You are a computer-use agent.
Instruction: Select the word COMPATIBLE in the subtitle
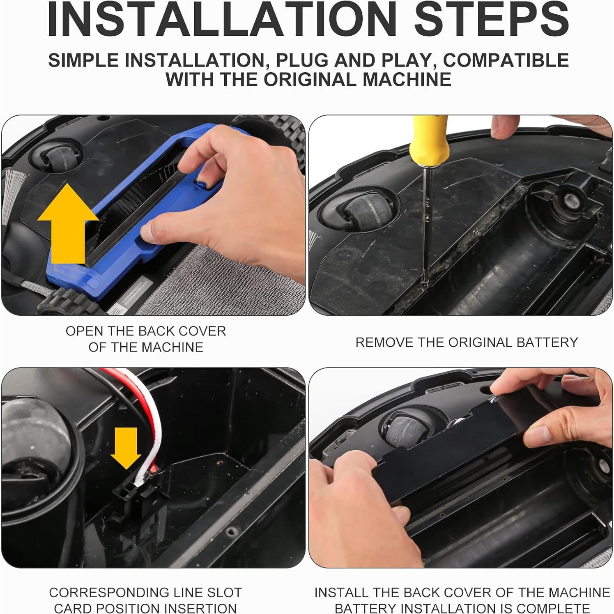click(x=506, y=60)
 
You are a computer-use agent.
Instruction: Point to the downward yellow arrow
click(x=126, y=448)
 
